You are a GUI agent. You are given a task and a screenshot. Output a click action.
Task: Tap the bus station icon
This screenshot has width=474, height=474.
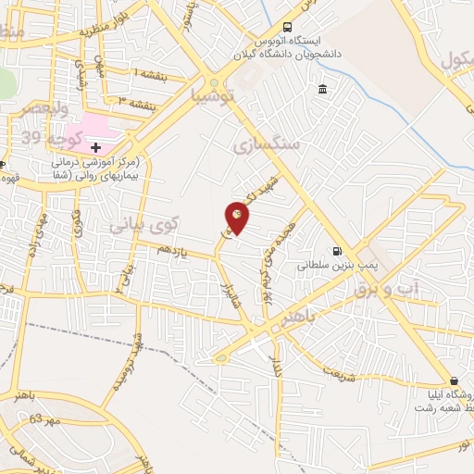pyautogui.click(x=287, y=27)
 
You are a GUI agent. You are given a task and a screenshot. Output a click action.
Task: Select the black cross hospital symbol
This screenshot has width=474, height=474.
pyautogui.click(x=95, y=147)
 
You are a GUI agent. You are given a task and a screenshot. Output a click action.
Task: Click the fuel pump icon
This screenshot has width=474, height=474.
pyautogui.click(x=336, y=250)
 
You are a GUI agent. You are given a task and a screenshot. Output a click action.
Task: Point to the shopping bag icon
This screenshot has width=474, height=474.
pyautogui.click(x=454, y=380)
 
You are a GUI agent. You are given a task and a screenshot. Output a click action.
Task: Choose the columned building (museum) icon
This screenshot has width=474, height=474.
pyautogui.click(x=322, y=89)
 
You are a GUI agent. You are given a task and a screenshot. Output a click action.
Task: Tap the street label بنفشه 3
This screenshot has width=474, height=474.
pyautogui.click(x=135, y=100)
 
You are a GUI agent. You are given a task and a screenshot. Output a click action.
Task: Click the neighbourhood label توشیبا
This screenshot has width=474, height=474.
pyautogui.click(x=214, y=95)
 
